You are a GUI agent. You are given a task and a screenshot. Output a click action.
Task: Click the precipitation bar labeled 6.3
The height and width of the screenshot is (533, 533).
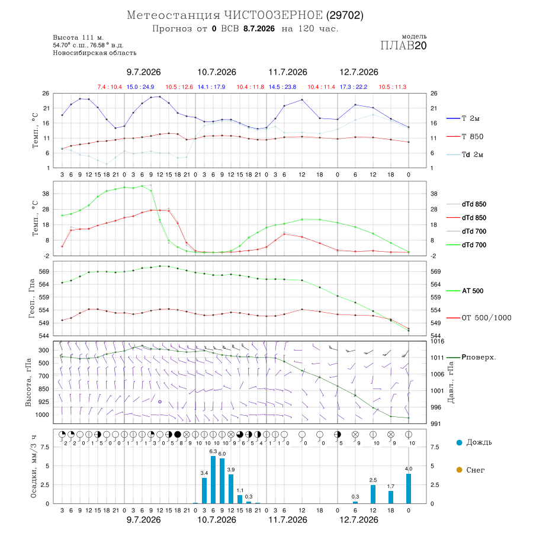tap(213, 480)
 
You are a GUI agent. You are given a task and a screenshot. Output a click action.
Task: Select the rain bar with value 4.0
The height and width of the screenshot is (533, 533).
tap(409, 489)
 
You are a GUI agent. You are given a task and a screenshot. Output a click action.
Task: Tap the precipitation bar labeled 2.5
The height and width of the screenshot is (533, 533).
tap(373, 495)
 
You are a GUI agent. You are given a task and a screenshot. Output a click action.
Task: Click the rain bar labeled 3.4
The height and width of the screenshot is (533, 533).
tap(204, 490)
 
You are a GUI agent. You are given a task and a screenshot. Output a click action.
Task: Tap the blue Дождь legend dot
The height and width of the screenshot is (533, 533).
tap(459, 442)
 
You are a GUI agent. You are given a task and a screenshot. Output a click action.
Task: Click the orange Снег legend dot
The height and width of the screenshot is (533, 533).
tap(459, 470)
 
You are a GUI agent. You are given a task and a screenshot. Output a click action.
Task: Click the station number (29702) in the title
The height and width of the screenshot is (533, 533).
tap(345, 15)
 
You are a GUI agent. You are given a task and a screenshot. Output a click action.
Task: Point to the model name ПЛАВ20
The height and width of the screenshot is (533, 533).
tap(403, 46)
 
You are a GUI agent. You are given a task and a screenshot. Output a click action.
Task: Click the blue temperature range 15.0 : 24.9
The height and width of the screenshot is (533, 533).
tap(140, 87)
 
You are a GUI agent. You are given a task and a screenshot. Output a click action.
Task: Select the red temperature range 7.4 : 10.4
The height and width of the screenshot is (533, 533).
tap(110, 87)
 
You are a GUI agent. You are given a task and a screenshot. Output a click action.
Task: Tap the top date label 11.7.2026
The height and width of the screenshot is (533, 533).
tap(288, 72)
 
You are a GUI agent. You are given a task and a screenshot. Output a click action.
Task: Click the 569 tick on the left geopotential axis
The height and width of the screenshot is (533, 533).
tap(44, 272)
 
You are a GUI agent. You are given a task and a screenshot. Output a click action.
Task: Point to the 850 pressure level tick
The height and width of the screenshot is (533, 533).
tap(43, 389)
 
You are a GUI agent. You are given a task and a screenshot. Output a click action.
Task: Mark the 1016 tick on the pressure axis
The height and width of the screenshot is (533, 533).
tap(437, 341)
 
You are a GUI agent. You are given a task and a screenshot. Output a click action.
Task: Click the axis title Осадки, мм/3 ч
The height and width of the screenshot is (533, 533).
tap(34, 467)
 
